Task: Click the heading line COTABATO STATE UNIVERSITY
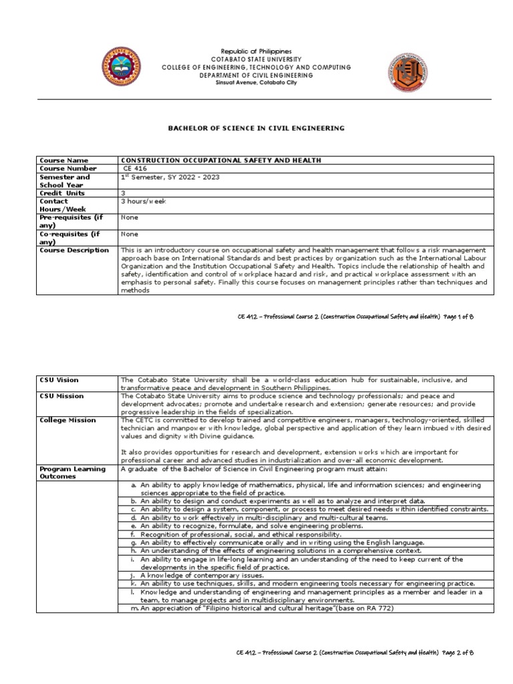click(x=256, y=59)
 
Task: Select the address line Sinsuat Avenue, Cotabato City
click(x=256, y=82)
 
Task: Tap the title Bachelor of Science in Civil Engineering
click(x=256, y=127)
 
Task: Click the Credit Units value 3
click(x=123, y=192)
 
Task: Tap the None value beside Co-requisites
click(x=129, y=234)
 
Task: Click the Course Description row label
click(x=74, y=250)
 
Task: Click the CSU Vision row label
click(x=59, y=379)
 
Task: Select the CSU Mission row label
click(x=61, y=396)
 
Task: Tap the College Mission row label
click(x=67, y=420)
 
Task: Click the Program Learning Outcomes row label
click(x=72, y=473)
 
